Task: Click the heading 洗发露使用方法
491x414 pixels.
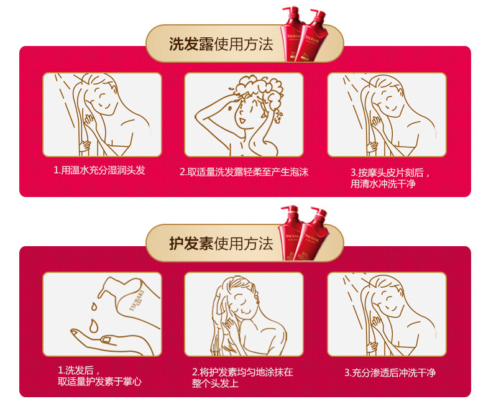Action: tap(221, 44)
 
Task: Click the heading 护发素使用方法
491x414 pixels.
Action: tap(221, 243)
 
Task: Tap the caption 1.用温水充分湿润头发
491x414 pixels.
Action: tap(99, 170)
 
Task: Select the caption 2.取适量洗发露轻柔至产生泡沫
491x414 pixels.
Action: tap(244, 172)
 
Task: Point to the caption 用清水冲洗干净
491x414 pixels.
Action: tap(383, 183)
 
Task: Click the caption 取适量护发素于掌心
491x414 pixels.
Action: tap(99, 382)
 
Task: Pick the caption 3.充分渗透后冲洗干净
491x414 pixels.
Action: tap(390, 373)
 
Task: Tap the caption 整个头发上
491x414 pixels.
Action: tap(215, 384)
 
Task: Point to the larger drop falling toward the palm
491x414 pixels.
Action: tap(93, 326)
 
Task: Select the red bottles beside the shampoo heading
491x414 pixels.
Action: tap(304, 34)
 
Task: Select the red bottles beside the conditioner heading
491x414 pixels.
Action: tap(303, 233)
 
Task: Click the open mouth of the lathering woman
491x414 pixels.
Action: tap(242, 121)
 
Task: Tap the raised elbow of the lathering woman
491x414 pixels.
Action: tap(197, 116)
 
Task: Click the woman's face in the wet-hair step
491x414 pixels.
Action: tap(104, 98)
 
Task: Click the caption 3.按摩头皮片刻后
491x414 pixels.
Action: tap(390, 173)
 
